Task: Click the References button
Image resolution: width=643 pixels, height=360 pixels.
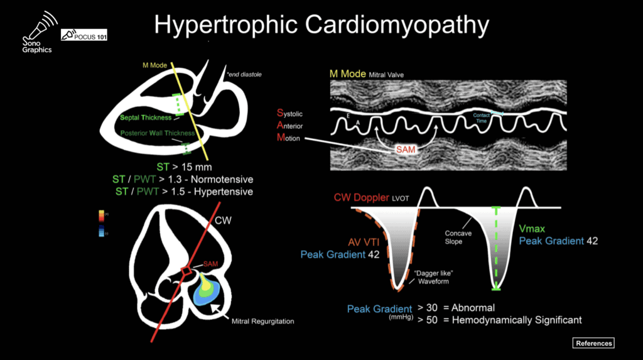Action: [x=593, y=343]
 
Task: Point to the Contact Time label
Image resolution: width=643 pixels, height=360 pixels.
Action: [x=481, y=117]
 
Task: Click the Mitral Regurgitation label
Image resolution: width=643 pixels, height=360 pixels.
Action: [x=262, y=322]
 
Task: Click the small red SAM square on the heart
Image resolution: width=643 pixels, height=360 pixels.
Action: [x=186, y=271]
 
